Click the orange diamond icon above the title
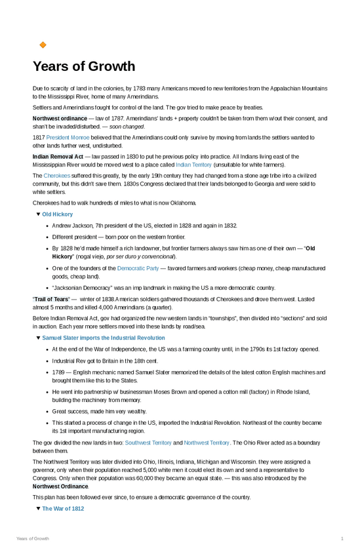pyautogui.click(x=43, y=45)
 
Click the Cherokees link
pyautogui.click(x=57, y=176)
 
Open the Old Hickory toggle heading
pyautogui.click(x=58, y=214)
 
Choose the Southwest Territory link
pyautogui.click(x=148, y=443)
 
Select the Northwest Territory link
pyautogui.click(x=207, y=443)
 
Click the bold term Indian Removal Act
pyautogui.click(x=58, y=157)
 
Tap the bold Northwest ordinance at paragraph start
pyautogui.click(x=60, y=119)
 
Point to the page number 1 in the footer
pyautogui.click(x=342, y=538)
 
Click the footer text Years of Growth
pyautogui.click(x=33, y=538)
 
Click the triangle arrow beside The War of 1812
pyautogui.click(x=38, y=509)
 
